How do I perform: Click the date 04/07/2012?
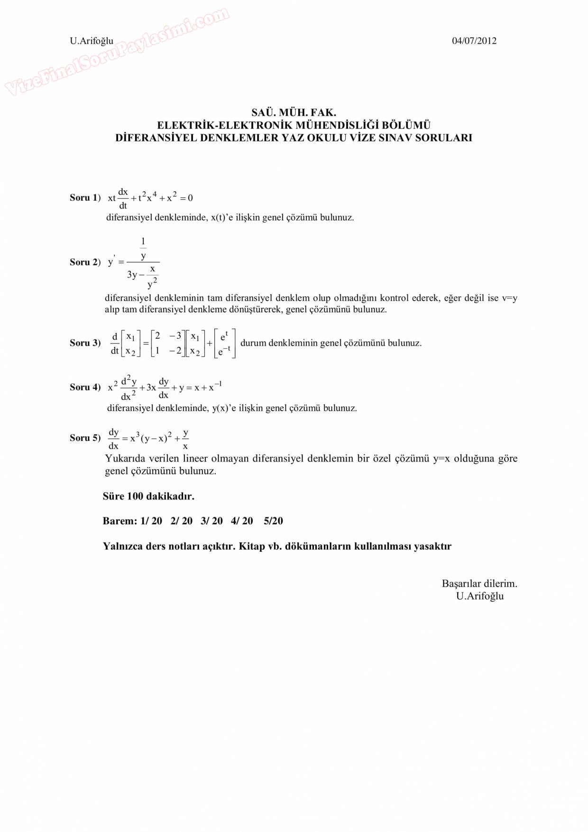click(x=474, y=41)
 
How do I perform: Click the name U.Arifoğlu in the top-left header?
click(x=92, y=41)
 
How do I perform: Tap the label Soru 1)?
click(x=85, y=198)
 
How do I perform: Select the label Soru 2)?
click(x=85, y=262)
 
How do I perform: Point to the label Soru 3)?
click(x=85, y=343)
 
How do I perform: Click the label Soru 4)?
click(x=85, y=388)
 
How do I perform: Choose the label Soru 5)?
click(x=85, y=438)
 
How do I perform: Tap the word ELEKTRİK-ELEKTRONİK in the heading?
click(x=225, y=126)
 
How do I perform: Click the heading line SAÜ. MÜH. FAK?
click(x=294, y=113)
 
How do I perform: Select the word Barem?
click(x=120, y=521)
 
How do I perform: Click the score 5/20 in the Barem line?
click(x=273, y=521)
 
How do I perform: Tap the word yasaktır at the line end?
click(x=432, y=546)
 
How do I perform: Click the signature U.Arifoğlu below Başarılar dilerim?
click(x=480, y=596)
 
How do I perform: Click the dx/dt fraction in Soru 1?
click(x=123, y=198)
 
